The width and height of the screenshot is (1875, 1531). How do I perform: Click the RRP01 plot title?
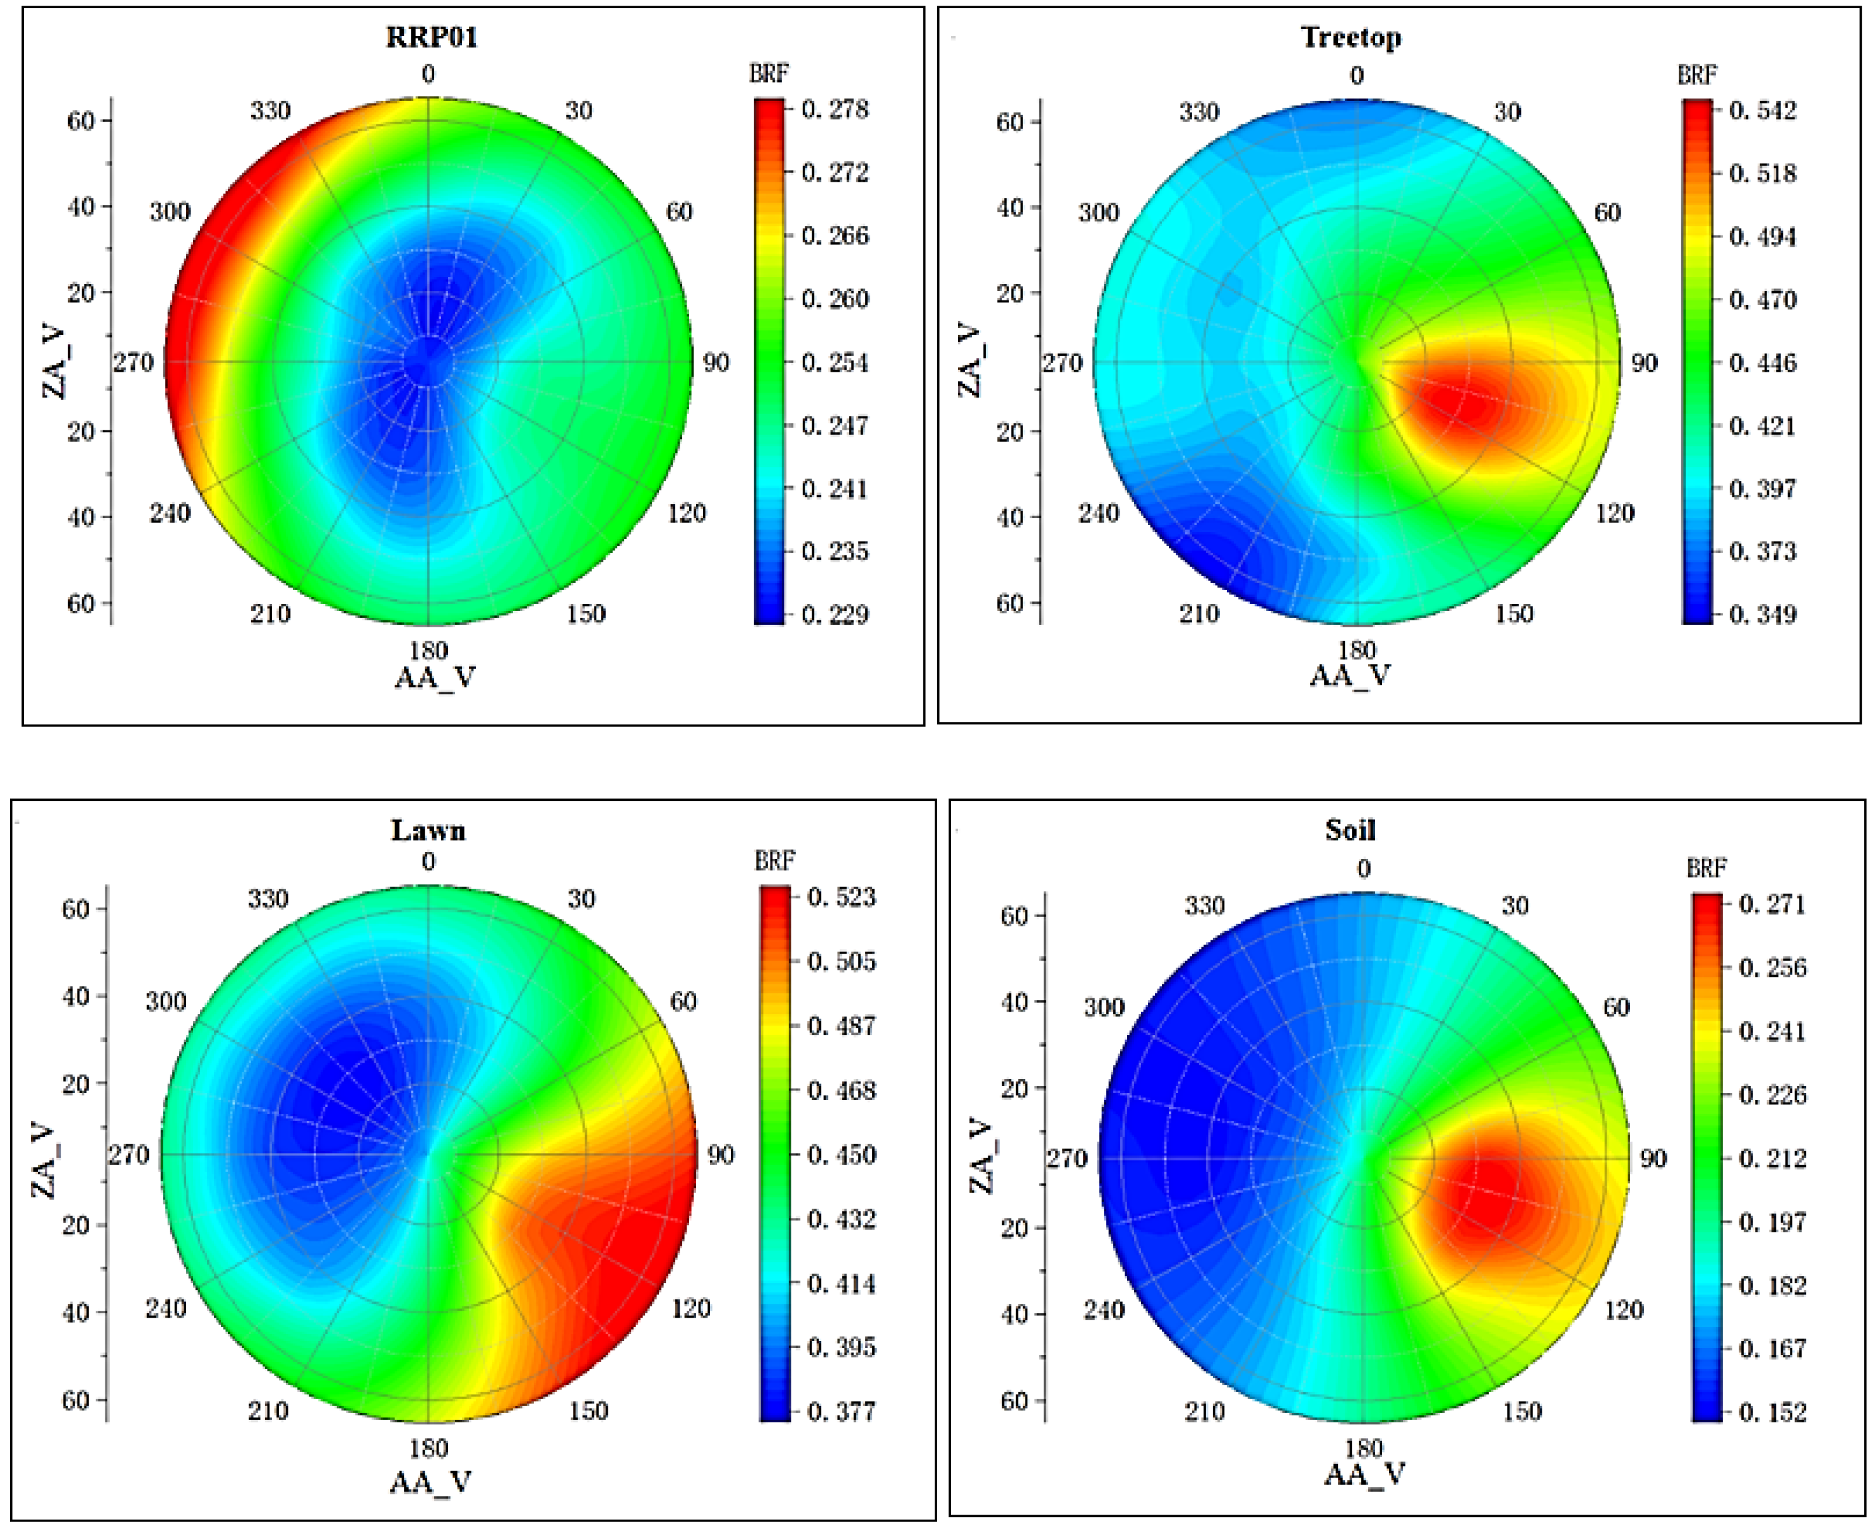tap(431, 37)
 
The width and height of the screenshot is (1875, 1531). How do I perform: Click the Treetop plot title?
tap(1351, 37)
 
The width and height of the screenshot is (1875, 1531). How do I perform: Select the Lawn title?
tap(428, 830)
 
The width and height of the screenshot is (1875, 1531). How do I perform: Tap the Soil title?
tap(1351, 830)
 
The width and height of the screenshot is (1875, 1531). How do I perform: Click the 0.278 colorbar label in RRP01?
tap(834, 109)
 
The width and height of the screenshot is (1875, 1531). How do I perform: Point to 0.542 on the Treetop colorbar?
tap(1762, 110)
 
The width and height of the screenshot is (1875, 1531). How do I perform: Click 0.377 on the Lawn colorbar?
tap(841, 1412)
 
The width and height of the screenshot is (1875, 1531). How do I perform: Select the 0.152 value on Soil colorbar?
tap(1771, 1412)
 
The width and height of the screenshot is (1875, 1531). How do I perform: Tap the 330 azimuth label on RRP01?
tap(270, 111)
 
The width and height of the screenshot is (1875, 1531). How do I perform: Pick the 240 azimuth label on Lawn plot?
tap(166, 1308)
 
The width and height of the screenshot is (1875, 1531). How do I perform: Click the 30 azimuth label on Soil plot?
tap(1514, 906)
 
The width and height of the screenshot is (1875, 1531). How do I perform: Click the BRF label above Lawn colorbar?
tap(774, 861)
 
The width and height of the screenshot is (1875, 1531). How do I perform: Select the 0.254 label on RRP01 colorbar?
tap(834, 362)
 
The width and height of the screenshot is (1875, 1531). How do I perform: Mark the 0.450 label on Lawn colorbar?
tap(841, 1154)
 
